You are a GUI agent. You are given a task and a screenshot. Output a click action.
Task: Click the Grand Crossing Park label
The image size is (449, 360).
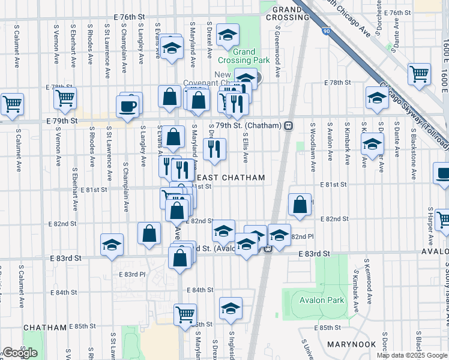click(244, 56)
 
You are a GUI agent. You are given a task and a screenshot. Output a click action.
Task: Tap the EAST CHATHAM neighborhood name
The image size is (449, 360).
click(231, 178)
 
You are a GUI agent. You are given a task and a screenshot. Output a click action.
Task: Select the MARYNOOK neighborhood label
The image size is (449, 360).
click(351, 344)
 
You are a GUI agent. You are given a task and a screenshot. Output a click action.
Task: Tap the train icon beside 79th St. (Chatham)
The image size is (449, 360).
click(289, 126)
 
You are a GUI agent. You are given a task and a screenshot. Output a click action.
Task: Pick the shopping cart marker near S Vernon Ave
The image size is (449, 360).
click(65, 97)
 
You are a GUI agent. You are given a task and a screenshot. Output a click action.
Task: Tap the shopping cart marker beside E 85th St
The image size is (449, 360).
click(185, 313)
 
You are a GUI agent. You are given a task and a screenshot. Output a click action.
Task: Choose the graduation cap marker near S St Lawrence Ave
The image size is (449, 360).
click(112, 244)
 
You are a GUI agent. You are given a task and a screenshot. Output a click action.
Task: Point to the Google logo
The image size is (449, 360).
click(20, 353)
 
